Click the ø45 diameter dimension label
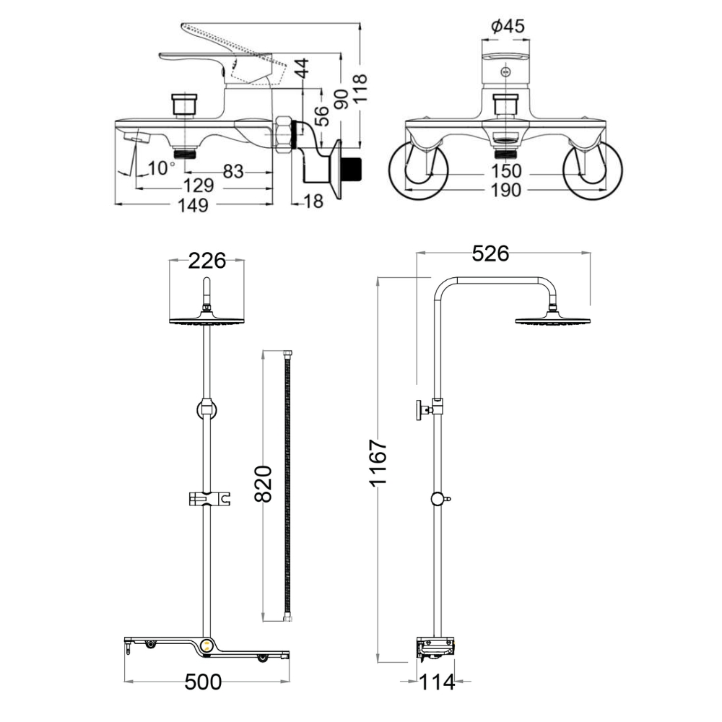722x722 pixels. point(508,27)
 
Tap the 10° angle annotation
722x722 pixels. point(160,168)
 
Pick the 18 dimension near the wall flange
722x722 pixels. point(313,201)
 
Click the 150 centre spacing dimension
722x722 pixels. point(506,171)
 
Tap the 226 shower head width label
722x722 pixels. point(206,261)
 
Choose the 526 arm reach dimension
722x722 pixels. point(490,253)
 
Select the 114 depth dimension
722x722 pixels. point(438,682)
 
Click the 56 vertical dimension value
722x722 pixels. point(322,116)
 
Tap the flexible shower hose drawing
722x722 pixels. point(289,484)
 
